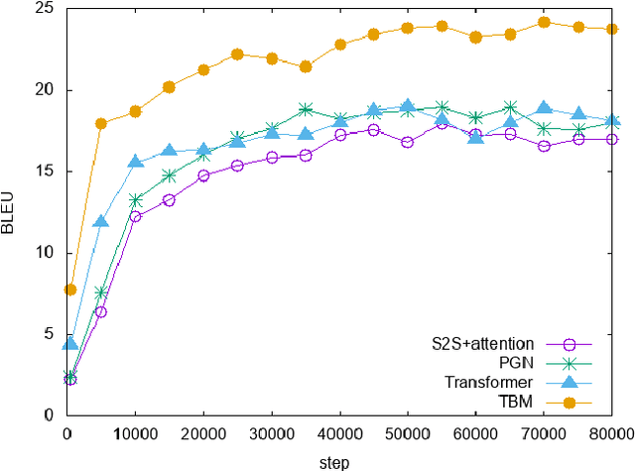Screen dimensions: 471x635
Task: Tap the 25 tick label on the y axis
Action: click(43, 10)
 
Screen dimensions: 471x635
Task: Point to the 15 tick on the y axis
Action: click(43, 172)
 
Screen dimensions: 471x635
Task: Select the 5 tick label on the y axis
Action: click(47, 334)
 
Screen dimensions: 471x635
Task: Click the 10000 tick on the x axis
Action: click(135, 434)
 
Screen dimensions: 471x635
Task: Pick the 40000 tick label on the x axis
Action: click(339, 434)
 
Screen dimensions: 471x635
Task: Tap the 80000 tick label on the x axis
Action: click(610, 434)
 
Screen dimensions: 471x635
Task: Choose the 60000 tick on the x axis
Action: click(476, 434)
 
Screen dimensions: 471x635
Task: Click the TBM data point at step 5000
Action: click(101, 124)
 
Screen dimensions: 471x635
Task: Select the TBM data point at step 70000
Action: click(544, 22)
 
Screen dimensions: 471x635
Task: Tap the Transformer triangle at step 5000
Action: click(101, 221)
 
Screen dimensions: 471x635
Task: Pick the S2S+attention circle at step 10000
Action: click(135, 216)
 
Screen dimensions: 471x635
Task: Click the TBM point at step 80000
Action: click(612, 30)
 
